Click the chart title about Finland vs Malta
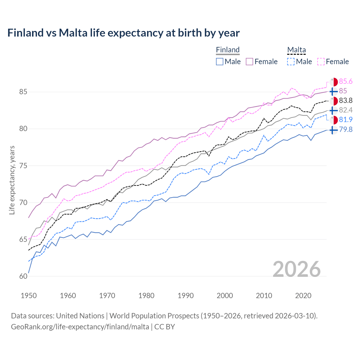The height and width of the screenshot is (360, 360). point(123,33)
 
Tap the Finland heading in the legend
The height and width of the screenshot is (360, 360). point(228,50)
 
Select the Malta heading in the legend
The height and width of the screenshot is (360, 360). point(296,50)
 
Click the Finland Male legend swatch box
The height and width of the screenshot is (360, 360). point(220,62)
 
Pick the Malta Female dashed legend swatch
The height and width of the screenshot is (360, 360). point(321,62)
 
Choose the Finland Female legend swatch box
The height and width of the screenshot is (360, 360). point(250,62)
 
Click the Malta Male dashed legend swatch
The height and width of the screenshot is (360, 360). point(291,62)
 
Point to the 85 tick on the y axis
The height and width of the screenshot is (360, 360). point(23,92)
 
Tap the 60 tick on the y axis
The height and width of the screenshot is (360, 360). point(23,276)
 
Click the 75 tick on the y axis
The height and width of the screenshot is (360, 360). point(23,166)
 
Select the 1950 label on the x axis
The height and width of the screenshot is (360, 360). point(29,296)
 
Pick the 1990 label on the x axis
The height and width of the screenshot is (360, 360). point(186,296)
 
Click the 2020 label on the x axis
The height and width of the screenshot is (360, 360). point(303,296)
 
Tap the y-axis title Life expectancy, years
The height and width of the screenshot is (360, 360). point(12,180)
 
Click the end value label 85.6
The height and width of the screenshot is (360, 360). point(346,82)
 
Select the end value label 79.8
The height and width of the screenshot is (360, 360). point(346,130)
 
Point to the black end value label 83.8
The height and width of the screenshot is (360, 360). point(346,101)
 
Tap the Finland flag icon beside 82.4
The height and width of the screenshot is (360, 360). point(334,111)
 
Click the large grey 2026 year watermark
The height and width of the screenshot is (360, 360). point(297,269)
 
